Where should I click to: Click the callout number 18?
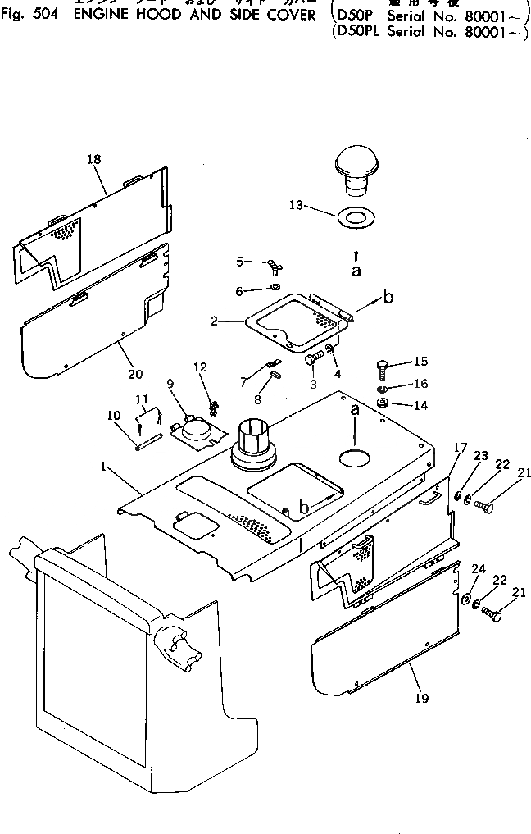pos(93,159)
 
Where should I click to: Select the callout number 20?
pos(135,374)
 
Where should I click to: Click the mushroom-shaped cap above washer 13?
pos(356,171)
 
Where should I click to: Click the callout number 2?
pos(215,321)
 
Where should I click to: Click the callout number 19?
pos(422,699)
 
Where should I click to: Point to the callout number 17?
pos(461,448)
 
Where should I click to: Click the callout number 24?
pos(479,569)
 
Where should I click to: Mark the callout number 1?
pos(103,467)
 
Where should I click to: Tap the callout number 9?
pos(170,382)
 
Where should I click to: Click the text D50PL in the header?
pos(357,32)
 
